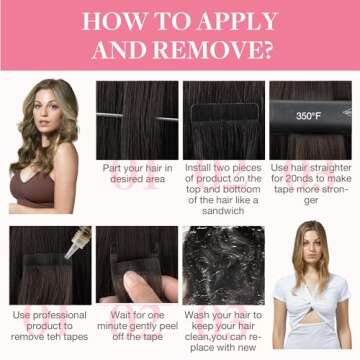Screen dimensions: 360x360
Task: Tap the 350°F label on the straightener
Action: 307,116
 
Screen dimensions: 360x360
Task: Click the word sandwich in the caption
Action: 223,211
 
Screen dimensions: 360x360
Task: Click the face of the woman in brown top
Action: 49,109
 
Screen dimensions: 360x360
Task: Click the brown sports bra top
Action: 32,189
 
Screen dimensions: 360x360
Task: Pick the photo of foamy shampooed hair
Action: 223,265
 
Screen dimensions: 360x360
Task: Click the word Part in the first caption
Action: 111,168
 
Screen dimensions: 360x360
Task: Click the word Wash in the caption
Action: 196,315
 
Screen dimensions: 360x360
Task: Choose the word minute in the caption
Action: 111,326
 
